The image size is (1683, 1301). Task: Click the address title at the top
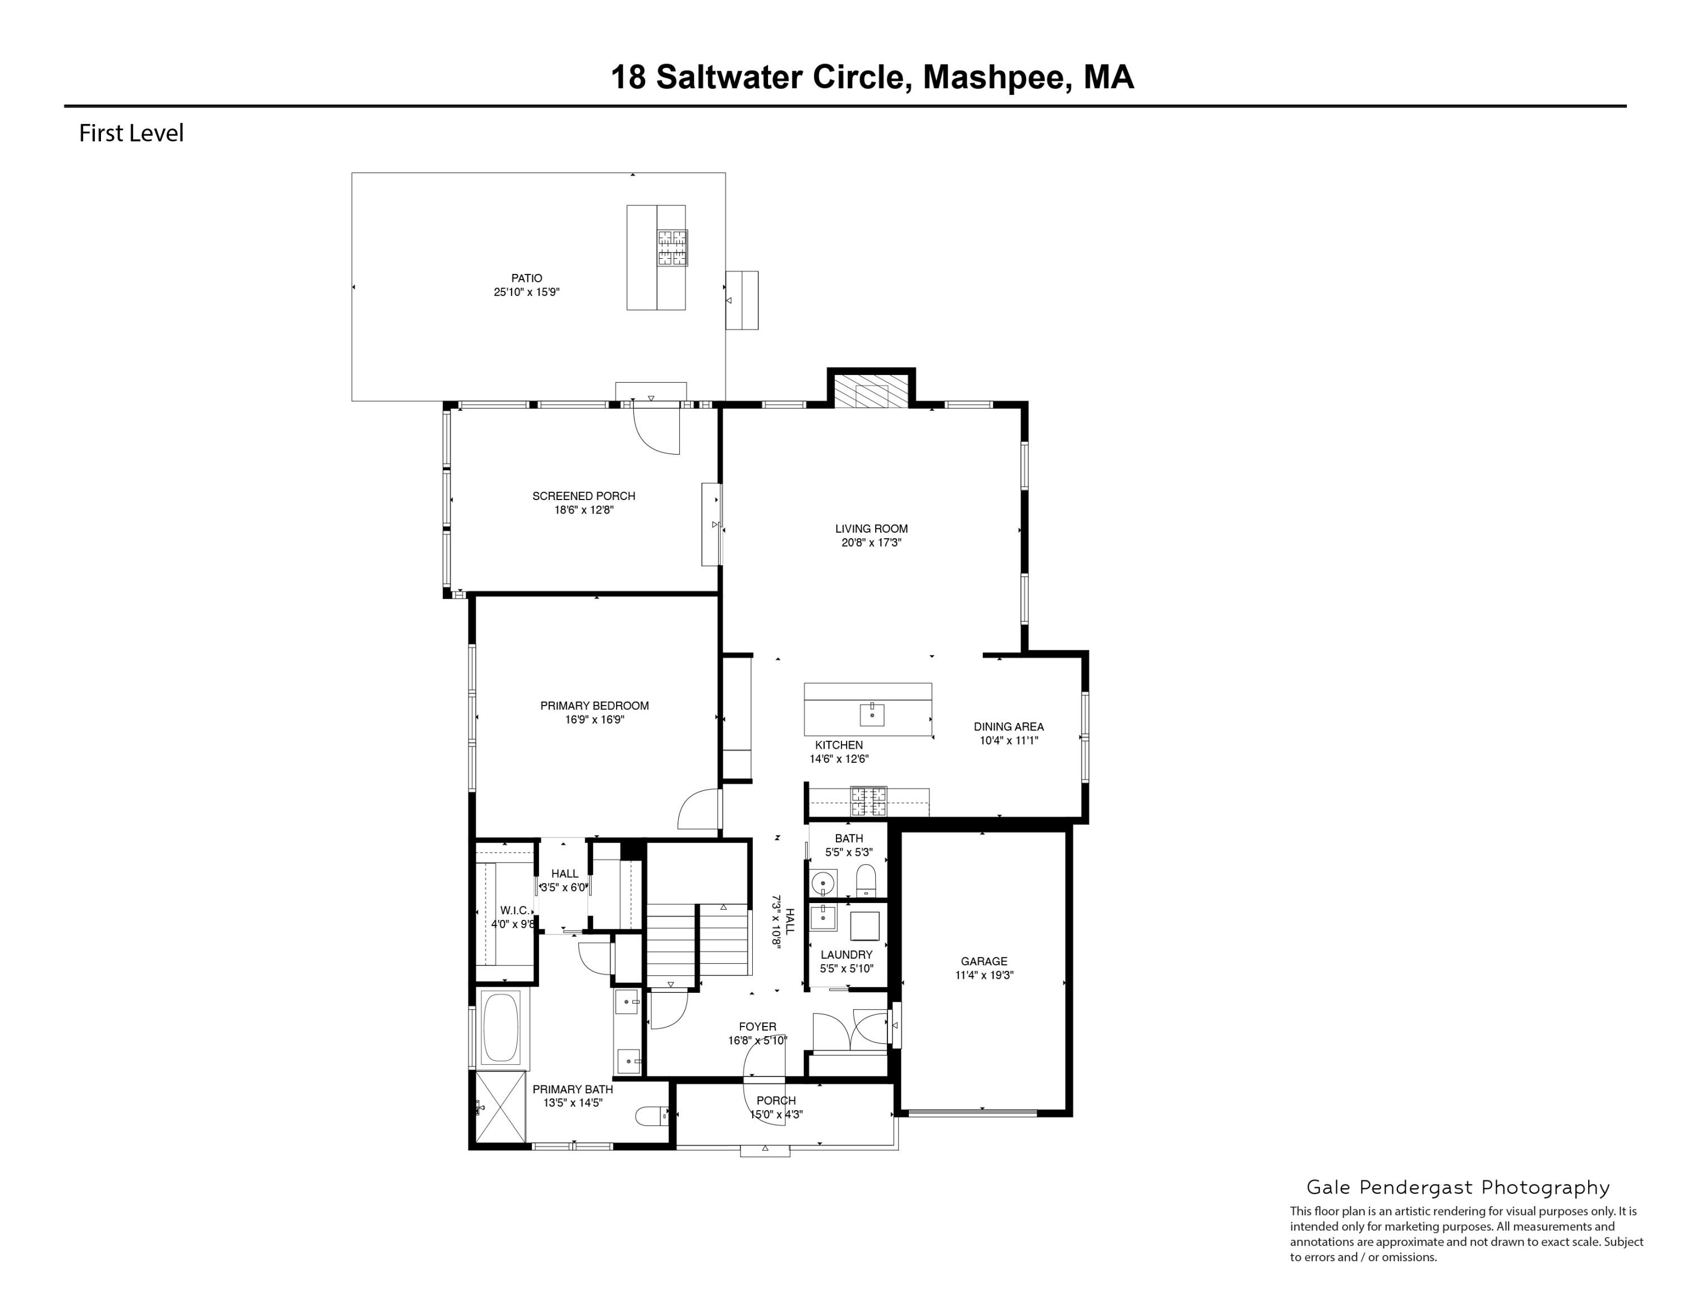pyautogui.click(x=872, y=78)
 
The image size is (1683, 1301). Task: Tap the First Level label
pyautogui.click(x=131, y=134)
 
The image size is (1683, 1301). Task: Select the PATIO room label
pyautogui.click(x=527, y=278)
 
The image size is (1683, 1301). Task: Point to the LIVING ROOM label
pyautogui.click(x=872, y=529)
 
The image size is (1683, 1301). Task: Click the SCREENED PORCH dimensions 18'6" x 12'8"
pyautogui.click(x=584, y=510)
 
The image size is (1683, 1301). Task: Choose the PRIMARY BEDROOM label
pyautogui.click(x=594, y=705)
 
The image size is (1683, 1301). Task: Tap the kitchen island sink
pyautogui.click(x=872, y=714)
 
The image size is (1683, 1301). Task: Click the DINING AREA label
pyautogui.click(x=1009, y=727)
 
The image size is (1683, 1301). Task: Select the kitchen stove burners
pyautogui.click(x=868, y=801)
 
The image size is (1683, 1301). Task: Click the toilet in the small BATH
pyautogui.click(x=867, y=880)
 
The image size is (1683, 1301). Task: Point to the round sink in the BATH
pyautogui.click(x=824, y=881)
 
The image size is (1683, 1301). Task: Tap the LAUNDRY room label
pyautogui.click(x=847, y=955)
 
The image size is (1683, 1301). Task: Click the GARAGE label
pyautogui.click(x=984, y=961)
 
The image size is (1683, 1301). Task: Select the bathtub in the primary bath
pyautogui.click(x=501, y=1027)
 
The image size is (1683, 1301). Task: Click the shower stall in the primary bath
pyautogui.click(x=500, y=1107)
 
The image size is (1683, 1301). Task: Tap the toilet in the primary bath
pyautogui.click(x=654, y=1115)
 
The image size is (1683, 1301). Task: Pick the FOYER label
pyautogui.click(x=757, y=1027)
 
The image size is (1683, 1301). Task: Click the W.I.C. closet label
pyautogui.click(x=515, y=910)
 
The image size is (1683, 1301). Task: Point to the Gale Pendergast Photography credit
pyautogui.click(x=1458, y=1188)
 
